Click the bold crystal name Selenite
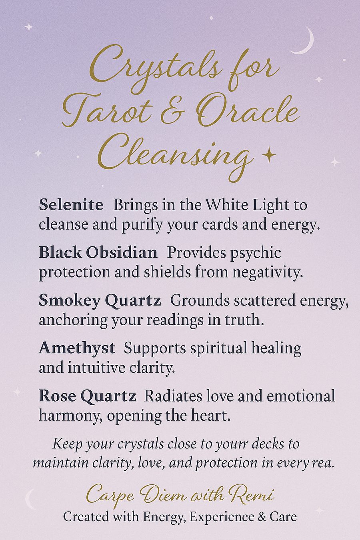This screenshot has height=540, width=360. [71, 205]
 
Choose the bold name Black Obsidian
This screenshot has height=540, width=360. [98, 253]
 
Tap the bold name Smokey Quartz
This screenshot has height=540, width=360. [100, 301]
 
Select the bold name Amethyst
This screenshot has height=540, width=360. [77, 349]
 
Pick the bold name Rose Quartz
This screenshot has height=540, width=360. [87, 396]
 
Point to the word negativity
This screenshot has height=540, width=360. [268, 272]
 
